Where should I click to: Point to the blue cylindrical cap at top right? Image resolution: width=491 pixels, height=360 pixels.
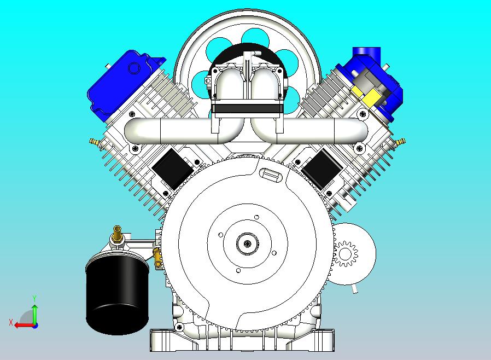[x=366, y=55]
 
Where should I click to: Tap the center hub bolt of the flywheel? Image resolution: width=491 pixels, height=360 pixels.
[x=247, y=243]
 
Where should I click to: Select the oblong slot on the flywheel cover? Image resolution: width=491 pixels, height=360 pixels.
[x=271, y=175]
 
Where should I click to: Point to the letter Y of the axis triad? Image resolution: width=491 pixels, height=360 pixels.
[x=34, y=298]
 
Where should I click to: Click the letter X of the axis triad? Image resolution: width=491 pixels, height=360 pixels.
[x=10, y=322]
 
